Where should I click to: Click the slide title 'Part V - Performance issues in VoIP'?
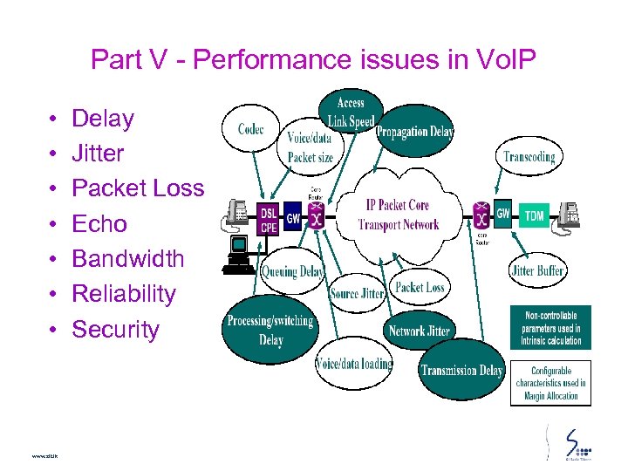[x=313, y=60]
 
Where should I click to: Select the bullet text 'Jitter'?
[x=98, y=154]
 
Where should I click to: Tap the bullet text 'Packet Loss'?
[x=138, y=188]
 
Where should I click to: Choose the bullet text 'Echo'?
[x=99, y=224]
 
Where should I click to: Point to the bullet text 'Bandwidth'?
[x=128, y=259]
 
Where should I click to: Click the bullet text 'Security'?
[x=116, y=330]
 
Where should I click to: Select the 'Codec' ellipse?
[x=250, y=130]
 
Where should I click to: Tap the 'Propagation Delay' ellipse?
[x=414, y=132]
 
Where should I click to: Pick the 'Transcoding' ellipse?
[x=529, y=157]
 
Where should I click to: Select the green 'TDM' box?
[x=534, y=215]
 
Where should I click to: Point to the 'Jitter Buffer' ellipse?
[x=536, y=270]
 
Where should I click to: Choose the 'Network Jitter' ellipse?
[x=419, y=331]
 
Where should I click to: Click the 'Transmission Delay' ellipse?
[x=461, y=370]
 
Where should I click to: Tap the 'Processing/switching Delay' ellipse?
[x=270, y=330]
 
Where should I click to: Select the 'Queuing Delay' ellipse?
[x=292, y=271]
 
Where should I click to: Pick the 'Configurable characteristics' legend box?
[x=550, y=383]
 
